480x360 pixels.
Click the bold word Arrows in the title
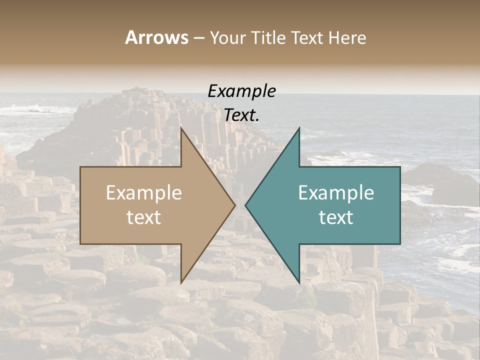[156, 37]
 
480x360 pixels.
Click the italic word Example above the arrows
[241, 91]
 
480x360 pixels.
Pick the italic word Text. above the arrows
[241, 115]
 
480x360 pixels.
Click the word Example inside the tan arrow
[144, 192]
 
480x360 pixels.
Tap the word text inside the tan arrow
[144, 217]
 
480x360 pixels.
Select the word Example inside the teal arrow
[336, 192]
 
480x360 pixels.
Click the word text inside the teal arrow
[336, 217]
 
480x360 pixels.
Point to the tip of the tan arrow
[234, 205]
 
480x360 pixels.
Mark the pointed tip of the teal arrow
[246, 205]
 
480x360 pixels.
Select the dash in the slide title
[198, 38]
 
